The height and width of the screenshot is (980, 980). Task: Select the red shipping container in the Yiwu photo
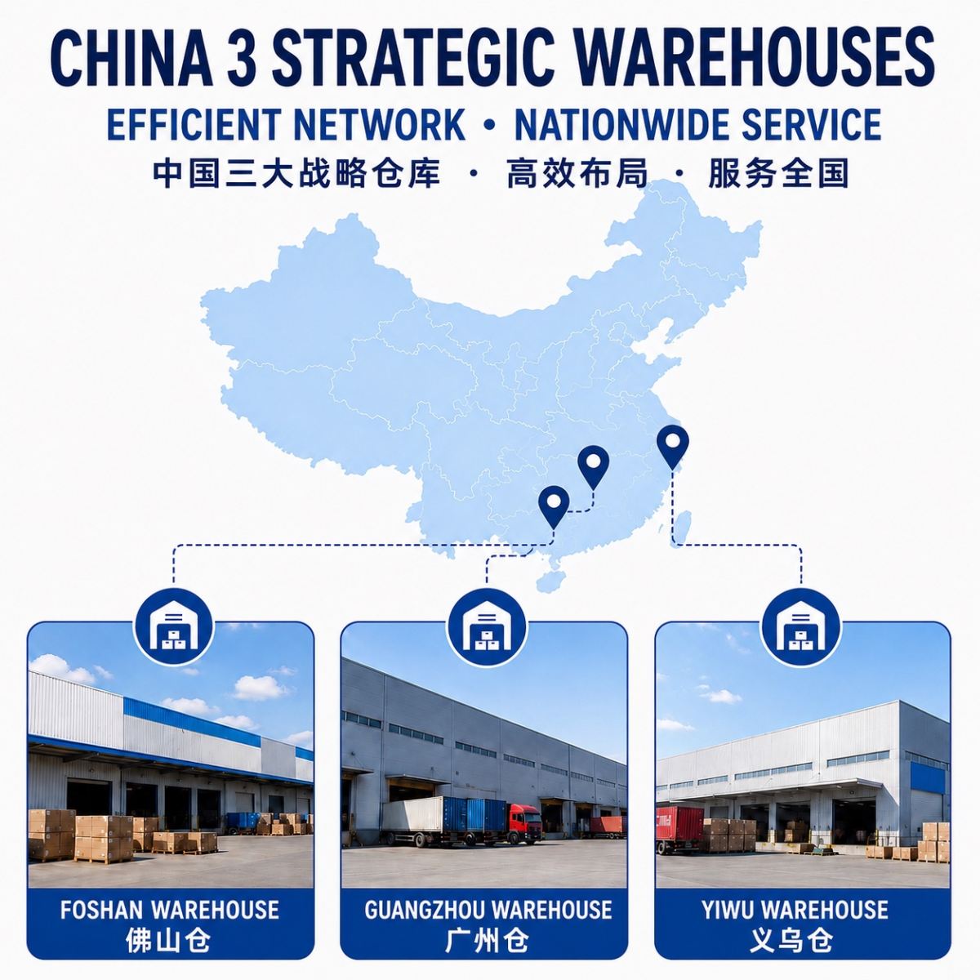(x=679, y=824)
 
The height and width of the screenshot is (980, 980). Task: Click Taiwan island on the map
(x=683, y=529)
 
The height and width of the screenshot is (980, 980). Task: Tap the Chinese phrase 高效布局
(x=577, y=174)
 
